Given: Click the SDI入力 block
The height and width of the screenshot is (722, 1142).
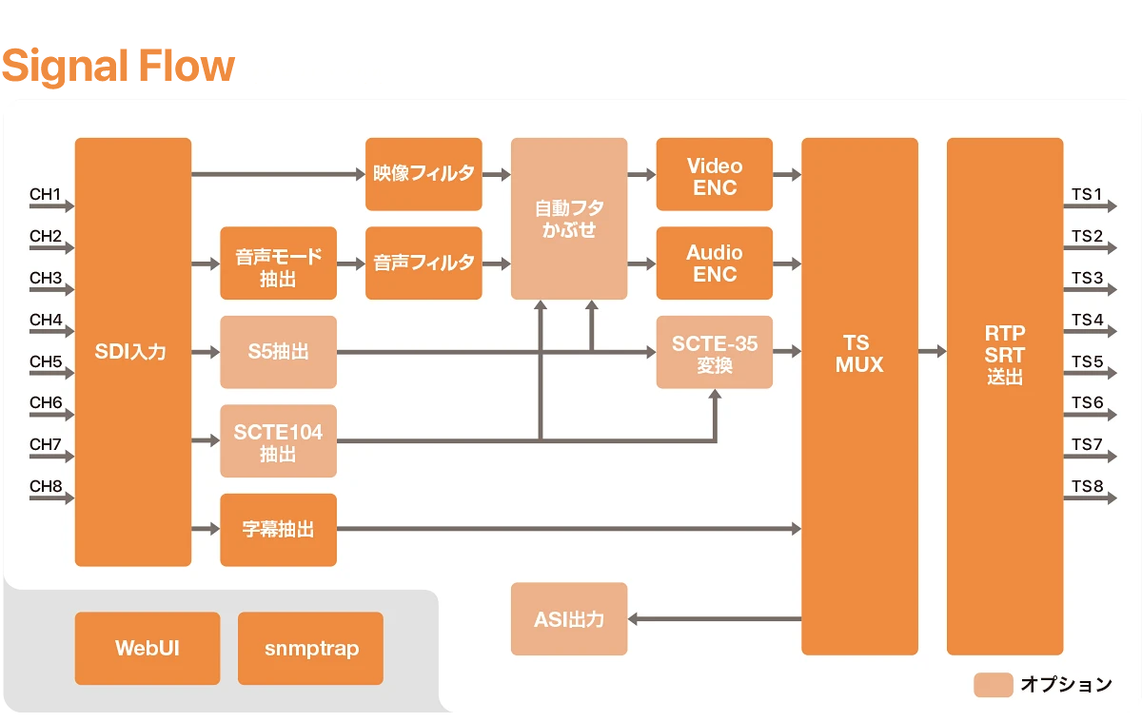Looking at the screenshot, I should [x=133, y=352].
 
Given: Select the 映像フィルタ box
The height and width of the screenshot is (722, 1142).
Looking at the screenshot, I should [x=423, y=174].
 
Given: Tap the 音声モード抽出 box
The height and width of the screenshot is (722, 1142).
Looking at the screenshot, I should [x=278, y=263].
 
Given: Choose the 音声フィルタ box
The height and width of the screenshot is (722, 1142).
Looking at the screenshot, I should [x=423, y=263].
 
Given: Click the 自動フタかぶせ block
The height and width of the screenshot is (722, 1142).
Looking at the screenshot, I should [x=569, y=219].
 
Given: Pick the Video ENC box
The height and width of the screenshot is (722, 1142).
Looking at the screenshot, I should [x=715, y=174].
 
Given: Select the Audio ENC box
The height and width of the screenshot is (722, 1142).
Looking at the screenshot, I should [x=715, y=263].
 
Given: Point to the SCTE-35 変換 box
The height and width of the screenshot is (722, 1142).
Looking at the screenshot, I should [x=715, y=352].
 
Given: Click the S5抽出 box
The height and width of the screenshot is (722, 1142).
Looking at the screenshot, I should [x=278, y=352].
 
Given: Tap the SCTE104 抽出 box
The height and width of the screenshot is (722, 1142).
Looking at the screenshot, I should [x=278, y=441].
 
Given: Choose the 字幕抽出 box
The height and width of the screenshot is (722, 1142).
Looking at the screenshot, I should [x=278, y=530].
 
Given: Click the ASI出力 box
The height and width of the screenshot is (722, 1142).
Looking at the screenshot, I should [x=569, y=619].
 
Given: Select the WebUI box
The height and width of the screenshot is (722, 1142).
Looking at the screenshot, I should [x=148, y=649].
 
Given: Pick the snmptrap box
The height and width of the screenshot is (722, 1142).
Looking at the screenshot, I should [x=310, y=649].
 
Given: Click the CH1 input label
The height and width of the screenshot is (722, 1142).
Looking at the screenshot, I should [x=46, y=195].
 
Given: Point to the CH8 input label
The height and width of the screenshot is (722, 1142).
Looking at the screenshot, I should [x=46, y=487].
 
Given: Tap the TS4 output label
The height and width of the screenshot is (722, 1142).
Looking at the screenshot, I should [x=1088, y=320].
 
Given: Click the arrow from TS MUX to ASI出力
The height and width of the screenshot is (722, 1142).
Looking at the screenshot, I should [x=714, y=619].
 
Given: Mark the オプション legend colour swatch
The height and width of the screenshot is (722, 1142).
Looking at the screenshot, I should [x=993, y=685].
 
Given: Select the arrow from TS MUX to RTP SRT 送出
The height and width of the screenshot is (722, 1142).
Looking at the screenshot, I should [x=933, y=352].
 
